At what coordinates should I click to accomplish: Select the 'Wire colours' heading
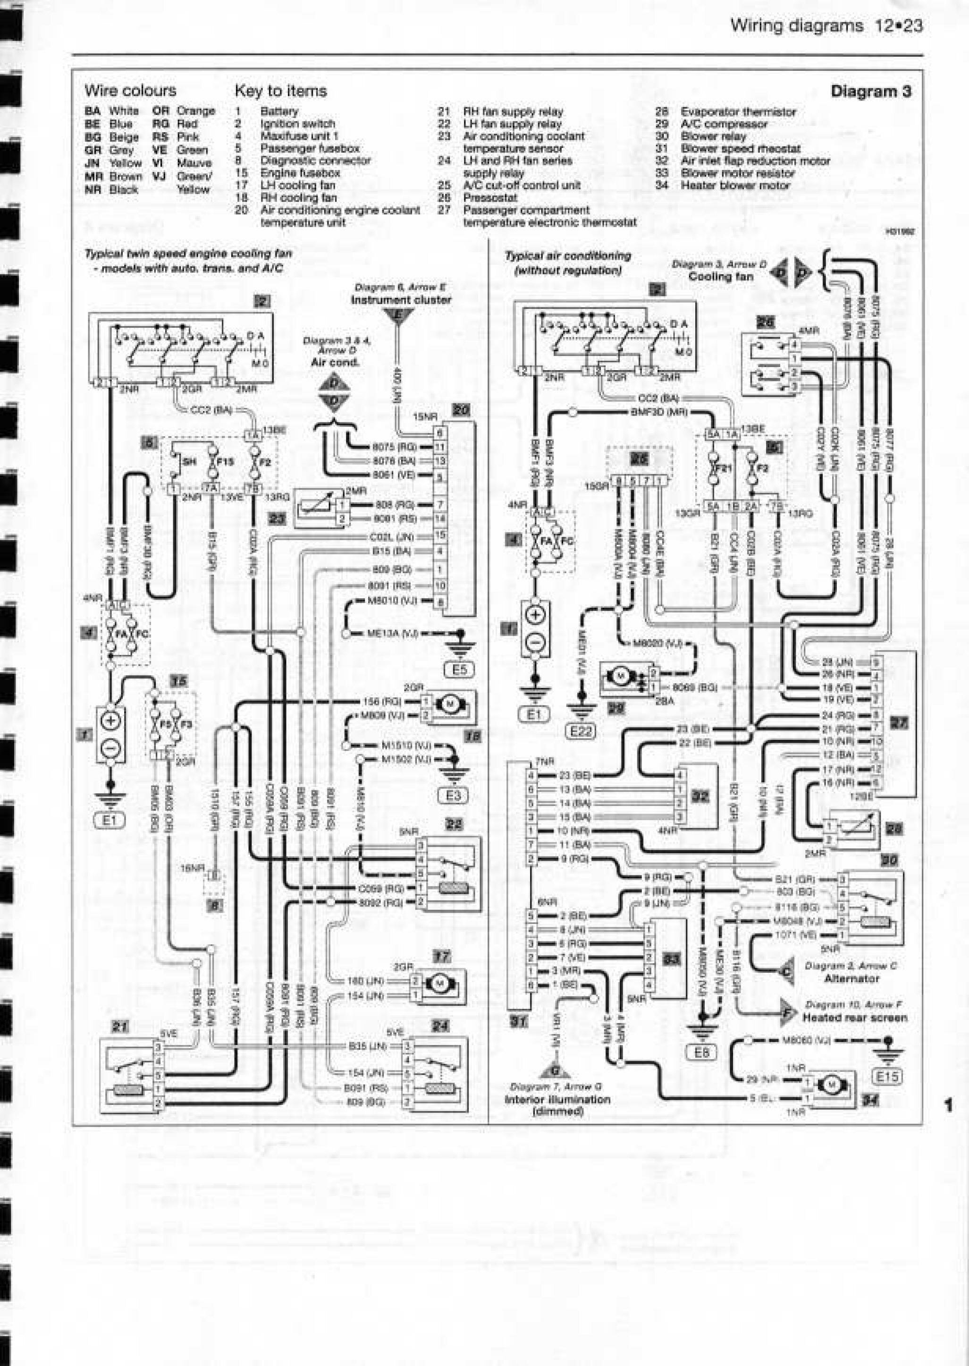point(131,91)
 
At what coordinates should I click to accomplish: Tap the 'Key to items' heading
point(280,91)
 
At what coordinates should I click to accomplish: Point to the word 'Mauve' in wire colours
point(194,163)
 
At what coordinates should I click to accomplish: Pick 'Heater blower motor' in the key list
point(735,186)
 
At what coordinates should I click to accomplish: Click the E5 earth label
point(459,670)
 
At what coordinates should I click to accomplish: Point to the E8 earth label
point(702,1052)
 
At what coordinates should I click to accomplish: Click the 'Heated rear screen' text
point(854,1018)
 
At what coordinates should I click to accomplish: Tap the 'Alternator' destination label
point(851,979)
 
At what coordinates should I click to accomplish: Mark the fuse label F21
point(723,468)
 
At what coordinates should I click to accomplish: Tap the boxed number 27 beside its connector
point(899,723)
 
